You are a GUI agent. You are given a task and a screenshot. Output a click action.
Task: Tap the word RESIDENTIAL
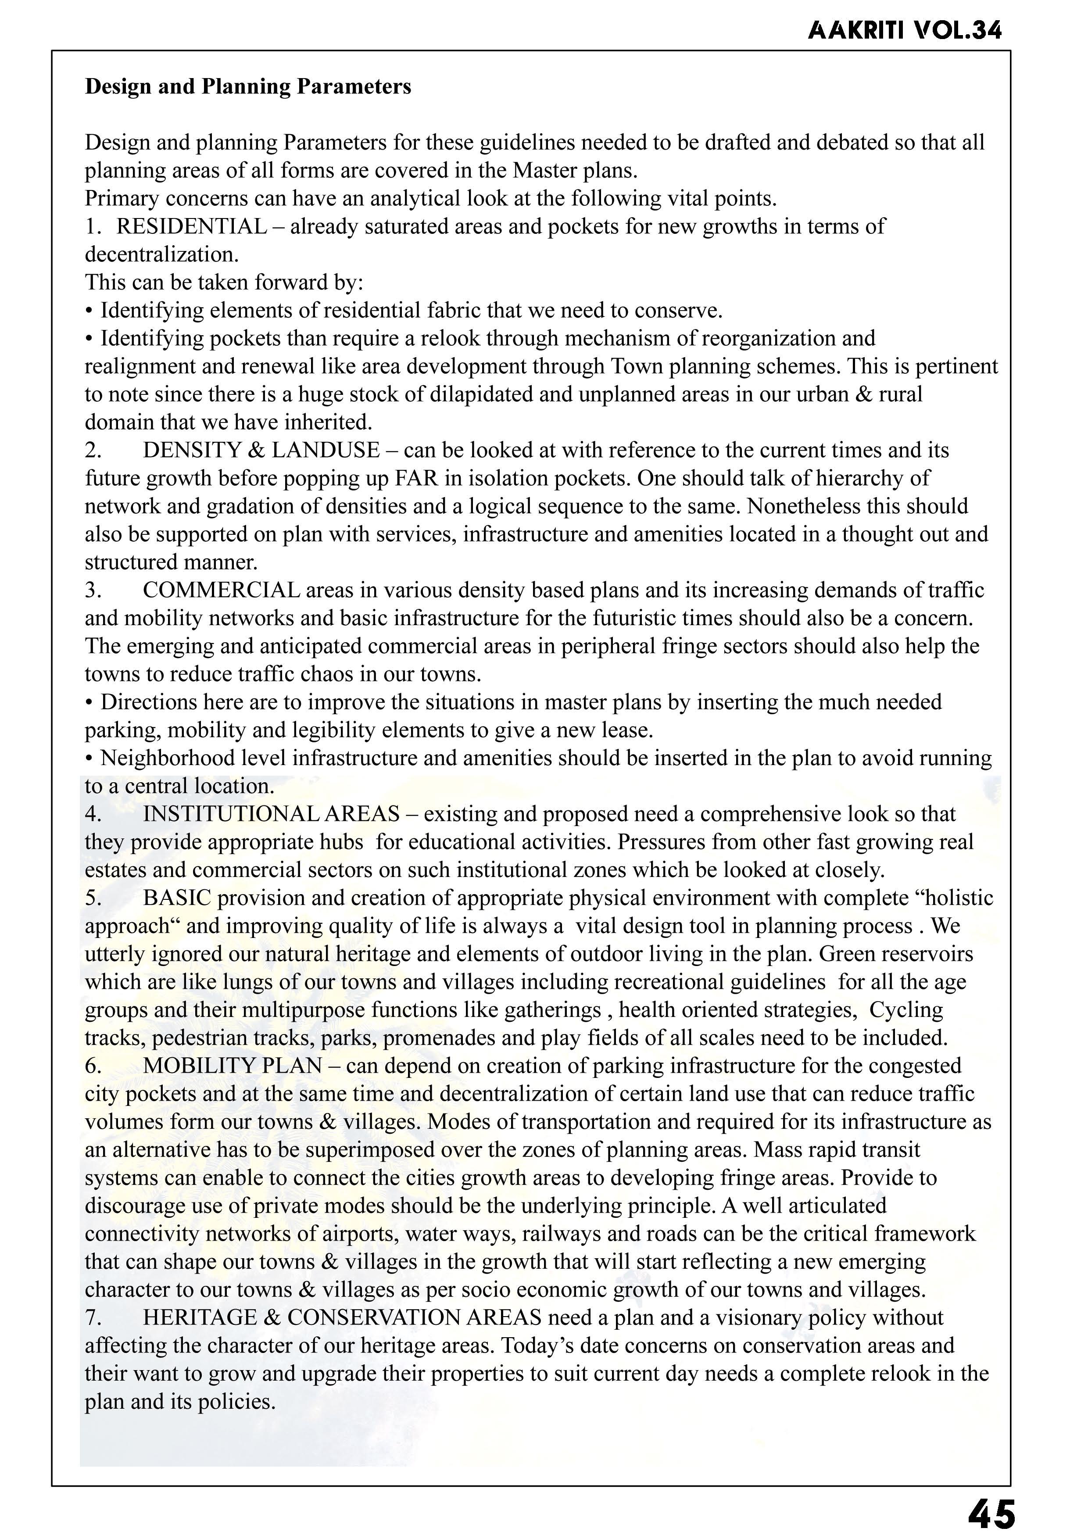point(192,226)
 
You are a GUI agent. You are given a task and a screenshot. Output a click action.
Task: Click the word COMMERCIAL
point(221,590)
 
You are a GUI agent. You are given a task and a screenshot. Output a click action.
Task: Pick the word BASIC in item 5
point(177,898)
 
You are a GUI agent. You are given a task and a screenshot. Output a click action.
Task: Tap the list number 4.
point(93,814)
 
